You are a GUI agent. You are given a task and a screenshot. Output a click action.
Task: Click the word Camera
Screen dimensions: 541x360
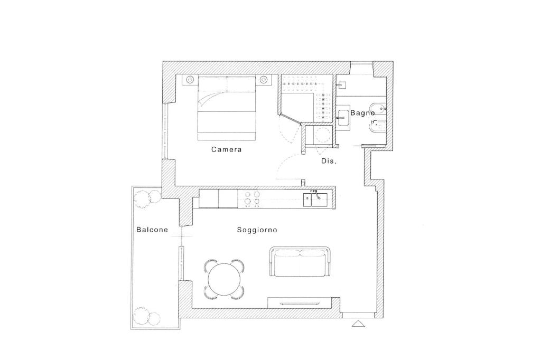pyautogui.click(x=226, y=149)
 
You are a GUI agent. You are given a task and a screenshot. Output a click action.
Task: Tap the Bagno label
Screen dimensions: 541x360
pyautogui.click(x=362, y=112)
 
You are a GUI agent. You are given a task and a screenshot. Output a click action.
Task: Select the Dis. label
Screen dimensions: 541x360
pyautogui.click(x=329, y=161)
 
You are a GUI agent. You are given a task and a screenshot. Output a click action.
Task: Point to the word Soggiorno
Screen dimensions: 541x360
pyautogui.click(x=257, y=230)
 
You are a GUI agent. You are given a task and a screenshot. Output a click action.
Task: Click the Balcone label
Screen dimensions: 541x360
pyautogui.click(x=152, y=230)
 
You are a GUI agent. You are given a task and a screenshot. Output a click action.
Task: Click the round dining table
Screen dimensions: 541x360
pyautogui.click(x=225, y=279)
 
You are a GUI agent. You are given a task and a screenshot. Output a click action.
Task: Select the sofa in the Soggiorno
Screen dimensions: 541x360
pyautogui.click(x=300, y=262)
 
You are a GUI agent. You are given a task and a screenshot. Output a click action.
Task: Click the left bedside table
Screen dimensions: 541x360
pyautogui.click(x=189, y=80)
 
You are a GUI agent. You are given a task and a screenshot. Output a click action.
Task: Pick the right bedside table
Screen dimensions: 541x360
pyautogui.click(x=264, y=80)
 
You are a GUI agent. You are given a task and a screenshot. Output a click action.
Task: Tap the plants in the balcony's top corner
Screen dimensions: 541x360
pyautogui.click(x=147, y=198)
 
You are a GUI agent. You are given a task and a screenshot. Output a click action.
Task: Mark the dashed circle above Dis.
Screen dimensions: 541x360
pyautogui.click(x=321, y=135)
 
